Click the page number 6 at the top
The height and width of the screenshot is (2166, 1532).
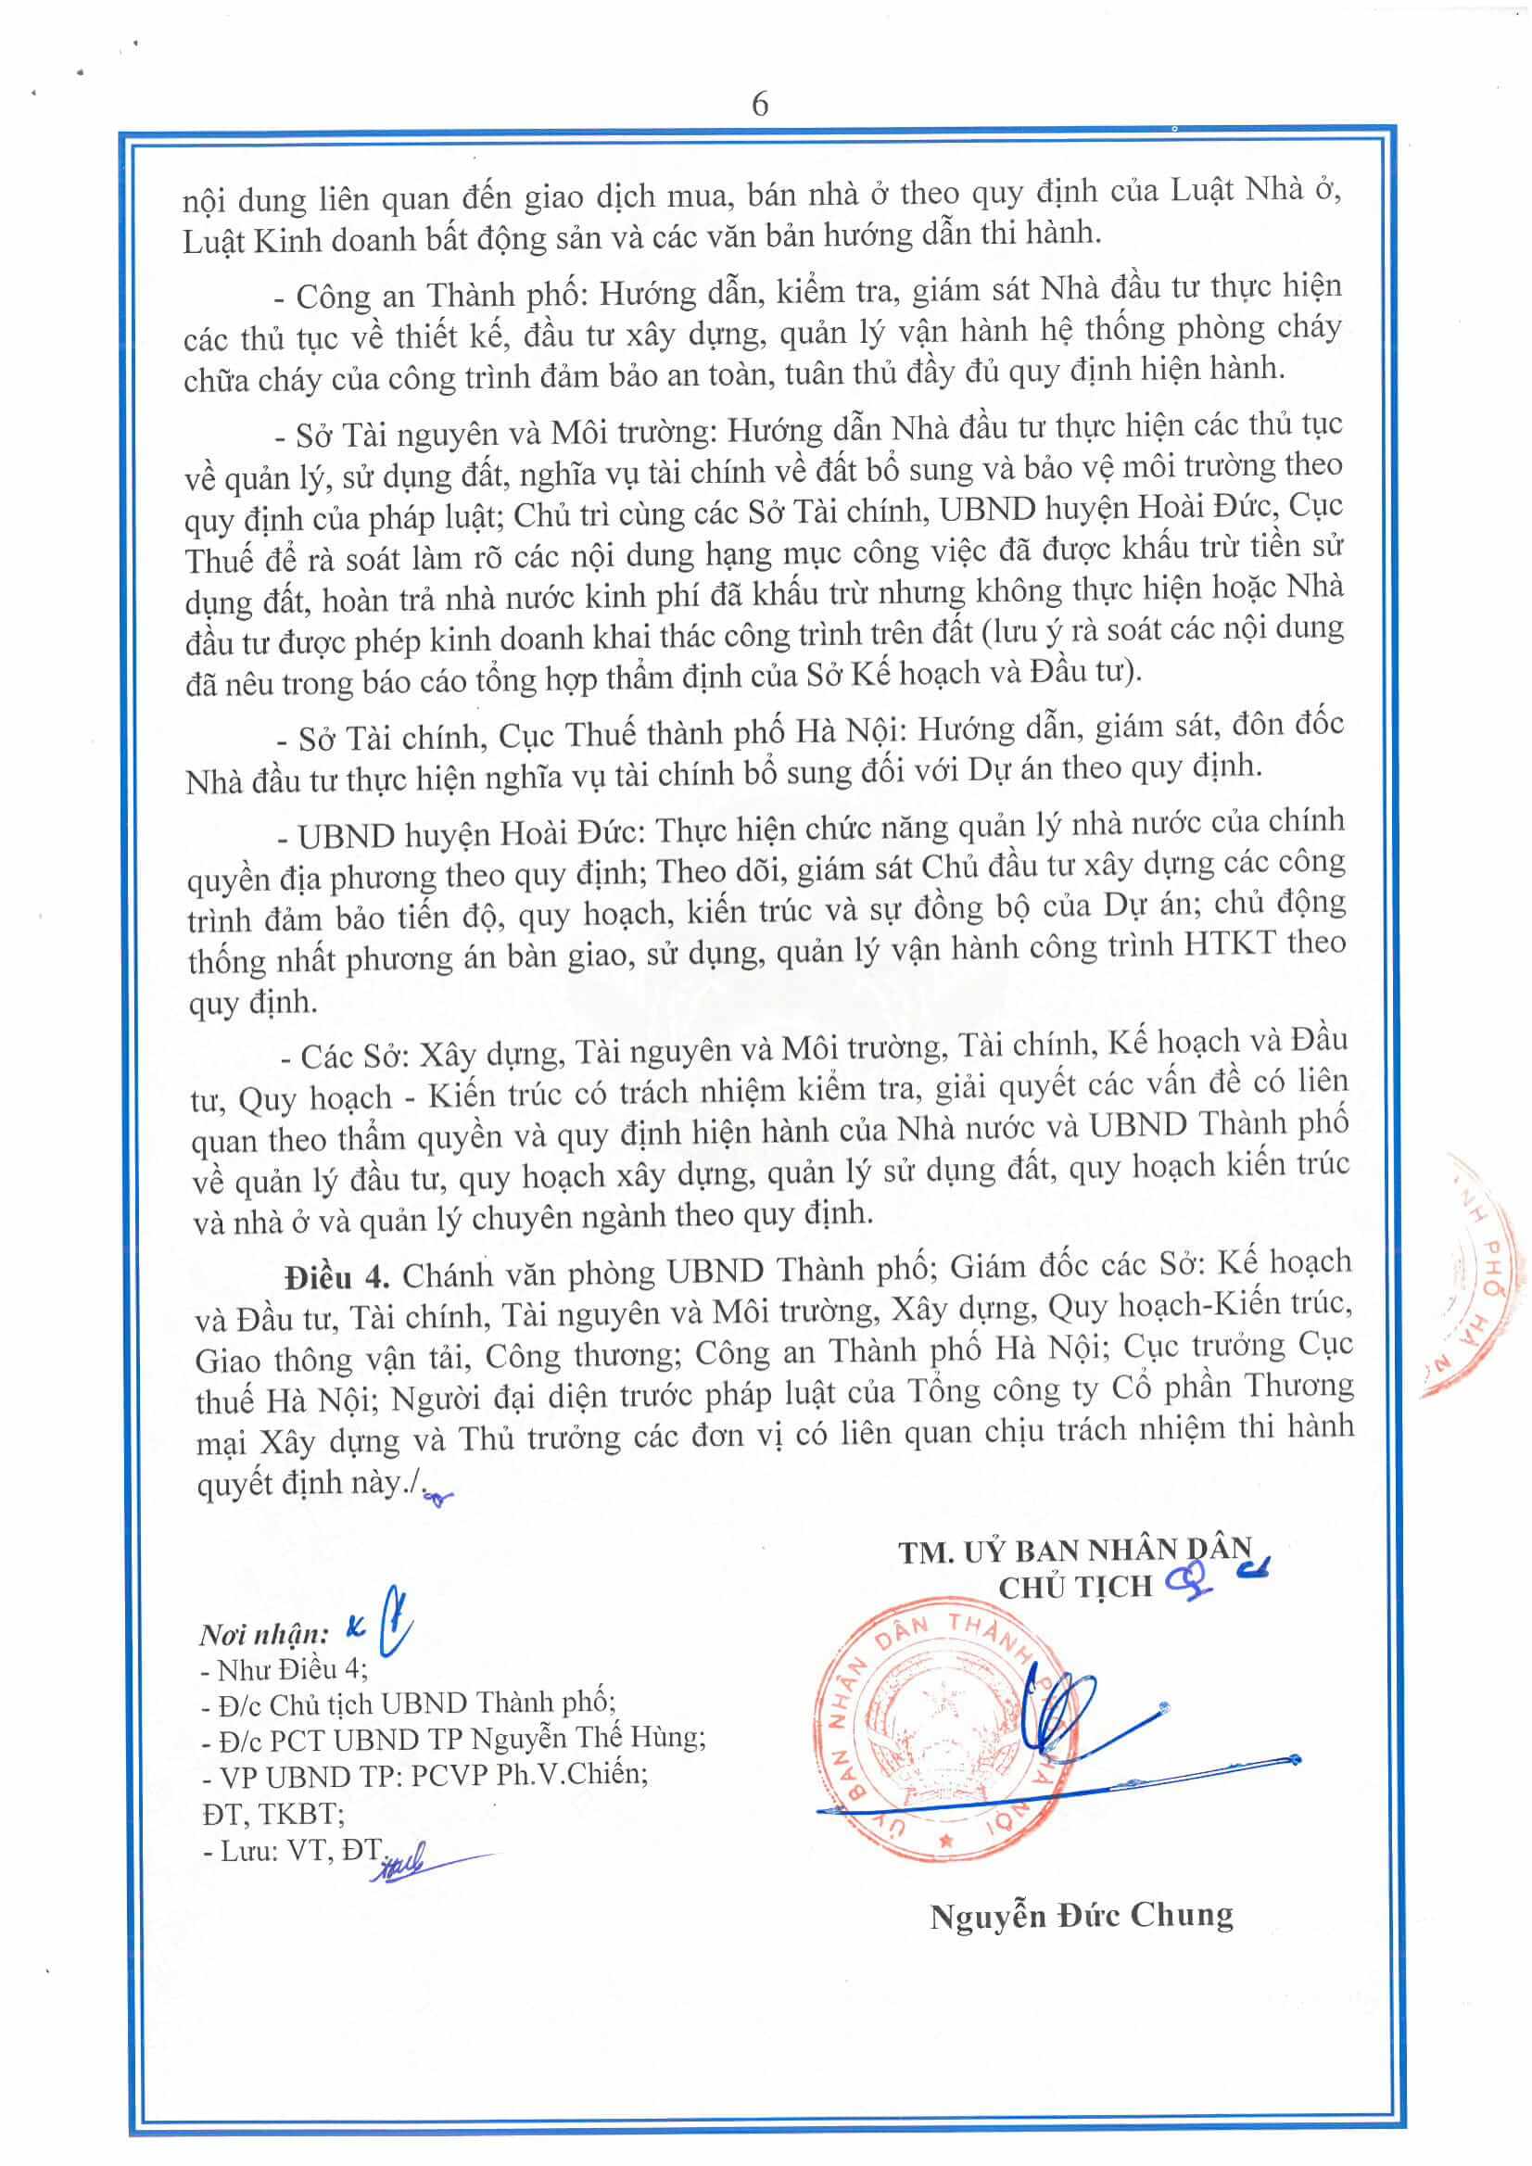[x=760, y=104]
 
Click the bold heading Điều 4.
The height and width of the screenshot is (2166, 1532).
[x=336, y=1277]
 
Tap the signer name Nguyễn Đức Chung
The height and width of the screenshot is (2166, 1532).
[x=1081, y=1916]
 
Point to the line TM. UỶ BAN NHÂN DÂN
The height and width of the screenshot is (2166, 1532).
[x=1074, y=1552]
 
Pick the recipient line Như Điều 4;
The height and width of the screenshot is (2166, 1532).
[x=284, y=1670]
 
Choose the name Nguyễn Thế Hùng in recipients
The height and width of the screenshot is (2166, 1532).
[x=587, y=1739]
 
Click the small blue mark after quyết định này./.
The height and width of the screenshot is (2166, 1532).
[x=437, y=1496]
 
